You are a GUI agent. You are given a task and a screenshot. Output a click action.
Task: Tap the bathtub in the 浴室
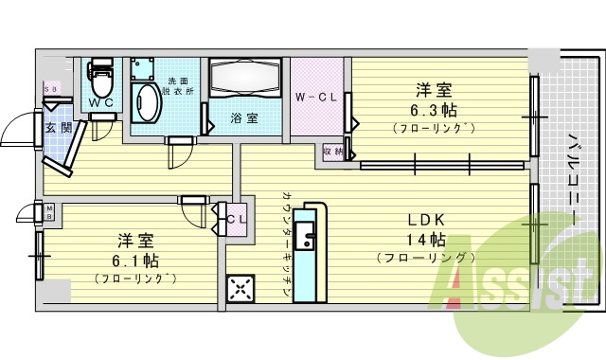point(244,82)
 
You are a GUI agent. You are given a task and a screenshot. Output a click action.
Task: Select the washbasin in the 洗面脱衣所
point(147,101)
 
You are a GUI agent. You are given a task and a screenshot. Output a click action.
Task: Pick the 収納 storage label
point(332,151)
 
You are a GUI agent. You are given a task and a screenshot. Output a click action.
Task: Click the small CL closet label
point(236,216)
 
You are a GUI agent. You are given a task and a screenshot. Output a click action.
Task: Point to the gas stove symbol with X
point(241,288)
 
